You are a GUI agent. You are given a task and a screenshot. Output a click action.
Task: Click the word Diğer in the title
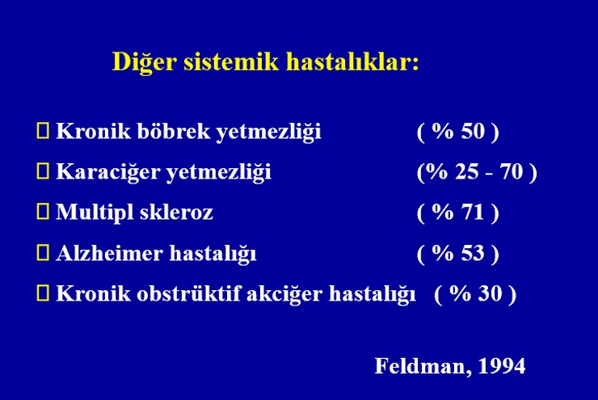tap(145, 62)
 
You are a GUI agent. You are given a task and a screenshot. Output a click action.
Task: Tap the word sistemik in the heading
tap(231, 61)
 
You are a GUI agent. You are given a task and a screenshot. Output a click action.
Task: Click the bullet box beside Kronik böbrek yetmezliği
tap(43, 130)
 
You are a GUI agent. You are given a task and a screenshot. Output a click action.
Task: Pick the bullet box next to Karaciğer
tap(43, 171)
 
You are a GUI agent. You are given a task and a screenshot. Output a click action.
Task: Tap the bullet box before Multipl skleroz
tap(43, 211)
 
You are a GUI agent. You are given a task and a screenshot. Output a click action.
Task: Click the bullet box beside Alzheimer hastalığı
tap(43, 252)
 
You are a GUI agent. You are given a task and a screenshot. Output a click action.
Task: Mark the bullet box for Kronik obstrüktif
tap(43, 293)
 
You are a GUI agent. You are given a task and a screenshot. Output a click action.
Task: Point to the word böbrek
tap(174, 131)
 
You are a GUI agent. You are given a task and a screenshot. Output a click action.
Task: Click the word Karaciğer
tap(108, 172)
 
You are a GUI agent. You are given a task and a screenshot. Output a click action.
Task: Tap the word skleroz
tap(176, 212)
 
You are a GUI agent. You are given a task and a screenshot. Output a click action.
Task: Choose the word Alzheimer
tap(109, 253)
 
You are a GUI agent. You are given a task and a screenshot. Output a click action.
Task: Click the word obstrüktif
tap(188, 293)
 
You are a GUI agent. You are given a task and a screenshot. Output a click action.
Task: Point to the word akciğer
tap(284, 294)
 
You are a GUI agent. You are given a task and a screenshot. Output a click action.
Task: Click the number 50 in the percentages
tap(473, 131)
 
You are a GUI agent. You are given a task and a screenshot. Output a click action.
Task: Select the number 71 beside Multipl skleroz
tap(473, 212)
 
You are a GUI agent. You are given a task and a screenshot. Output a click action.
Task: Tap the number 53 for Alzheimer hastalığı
tap(473, 253)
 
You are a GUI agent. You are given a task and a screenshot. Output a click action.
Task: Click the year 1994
tap(502, 366)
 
